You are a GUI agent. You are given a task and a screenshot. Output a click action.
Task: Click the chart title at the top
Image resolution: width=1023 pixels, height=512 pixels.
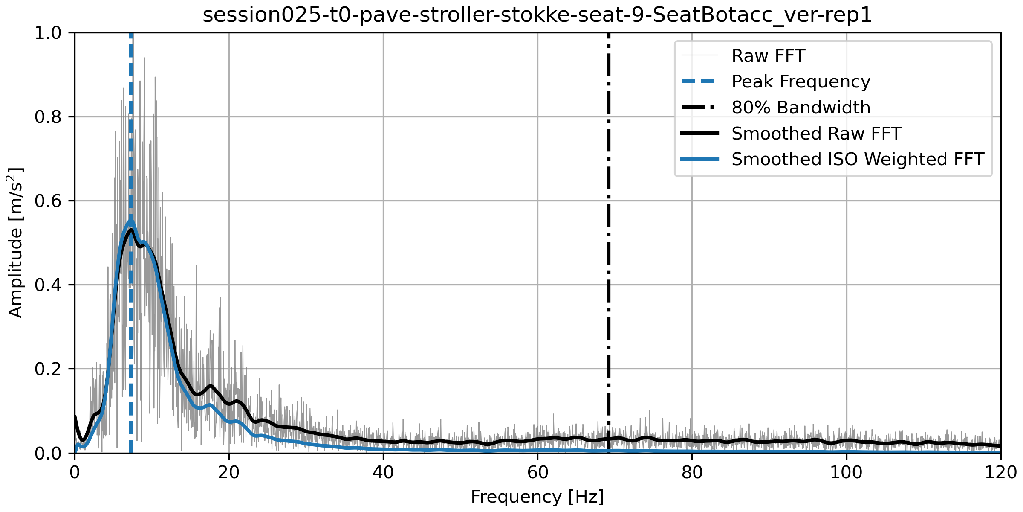point(537,15)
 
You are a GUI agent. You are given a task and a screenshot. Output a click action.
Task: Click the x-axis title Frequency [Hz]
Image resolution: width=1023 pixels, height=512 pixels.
point(537,497)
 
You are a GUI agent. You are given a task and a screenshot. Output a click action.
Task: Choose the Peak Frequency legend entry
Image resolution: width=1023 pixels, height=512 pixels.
point(800,81)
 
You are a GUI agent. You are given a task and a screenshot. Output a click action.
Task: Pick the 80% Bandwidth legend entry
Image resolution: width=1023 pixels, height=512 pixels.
point(800,108)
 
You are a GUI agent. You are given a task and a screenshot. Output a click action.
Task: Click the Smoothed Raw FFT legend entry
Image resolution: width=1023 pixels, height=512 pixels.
point(816,134)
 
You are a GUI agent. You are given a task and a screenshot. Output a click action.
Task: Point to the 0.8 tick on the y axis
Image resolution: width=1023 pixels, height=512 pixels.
point(48,116)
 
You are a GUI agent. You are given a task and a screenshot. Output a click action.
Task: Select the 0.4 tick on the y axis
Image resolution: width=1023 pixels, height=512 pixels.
point(48,285)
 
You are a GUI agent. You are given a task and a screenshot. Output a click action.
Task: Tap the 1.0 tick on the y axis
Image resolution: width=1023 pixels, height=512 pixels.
point(48,33)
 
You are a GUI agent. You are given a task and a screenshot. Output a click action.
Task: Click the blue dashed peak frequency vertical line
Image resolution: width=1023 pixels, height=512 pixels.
point(131,341)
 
